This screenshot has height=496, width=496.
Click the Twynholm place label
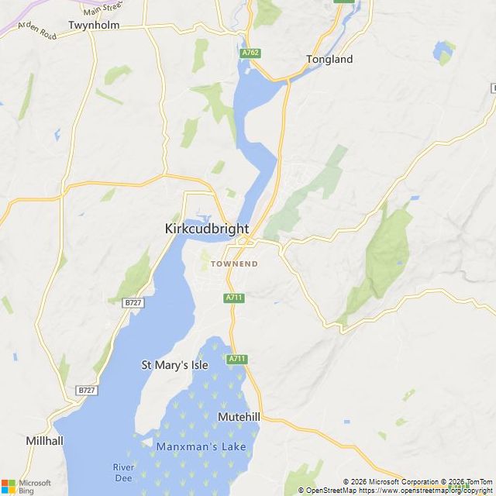tap(93, 25)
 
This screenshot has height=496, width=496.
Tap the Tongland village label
tap(329, 59)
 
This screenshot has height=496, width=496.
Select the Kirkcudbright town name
tap(207, 229)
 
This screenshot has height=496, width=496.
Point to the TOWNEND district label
tap(234, 264)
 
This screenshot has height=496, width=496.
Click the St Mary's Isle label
tap(174, 364)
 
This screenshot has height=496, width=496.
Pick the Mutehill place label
tap(239, 417)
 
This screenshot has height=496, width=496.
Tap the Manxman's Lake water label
tap(201, 447)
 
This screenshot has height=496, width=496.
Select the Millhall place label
tap(66, 440)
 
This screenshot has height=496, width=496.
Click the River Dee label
tap(123, 472)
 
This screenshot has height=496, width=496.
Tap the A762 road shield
tap(250, 53)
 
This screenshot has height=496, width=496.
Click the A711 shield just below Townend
tap(234, 298)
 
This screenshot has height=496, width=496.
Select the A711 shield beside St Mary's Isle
tap(237, 359)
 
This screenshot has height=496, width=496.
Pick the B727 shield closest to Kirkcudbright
tap(133, 302)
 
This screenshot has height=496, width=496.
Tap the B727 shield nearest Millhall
tap(86, 390)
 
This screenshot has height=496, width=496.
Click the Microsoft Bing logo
tap(26, 486)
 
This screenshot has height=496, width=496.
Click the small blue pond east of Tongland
tap(444, 52)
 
